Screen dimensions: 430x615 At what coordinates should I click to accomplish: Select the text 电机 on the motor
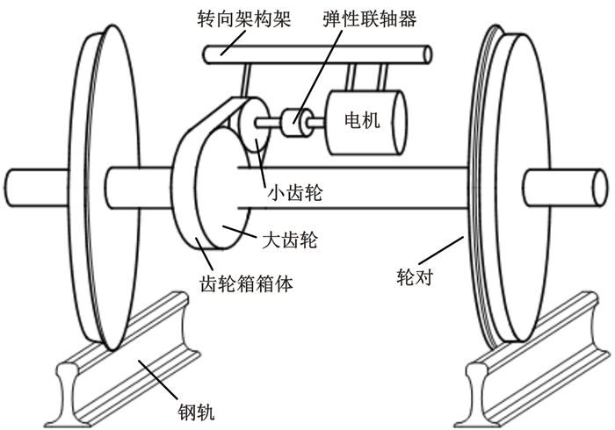(363, 120)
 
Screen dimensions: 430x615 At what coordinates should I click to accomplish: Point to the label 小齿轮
(293, 192)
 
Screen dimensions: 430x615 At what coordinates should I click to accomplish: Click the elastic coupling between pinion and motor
(296, 123)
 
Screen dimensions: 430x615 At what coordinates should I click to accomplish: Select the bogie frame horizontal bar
(316, 54)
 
